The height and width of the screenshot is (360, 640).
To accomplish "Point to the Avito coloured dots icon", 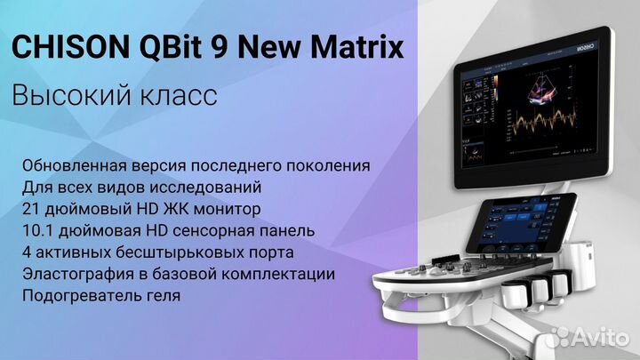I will click(560, 335).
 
